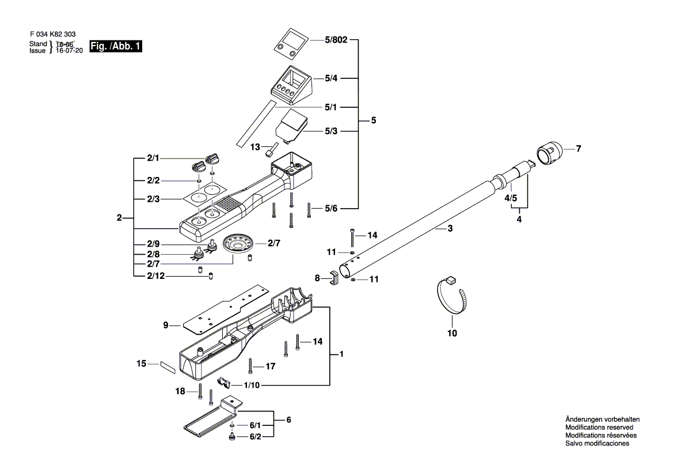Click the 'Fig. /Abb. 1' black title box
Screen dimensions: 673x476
click(116, 46)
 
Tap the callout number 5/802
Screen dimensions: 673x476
click(336, 40)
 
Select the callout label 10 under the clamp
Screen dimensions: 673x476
click(452, 333)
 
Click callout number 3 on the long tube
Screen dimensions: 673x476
click(450, 229)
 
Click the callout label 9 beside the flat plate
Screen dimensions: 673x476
click(166, 325)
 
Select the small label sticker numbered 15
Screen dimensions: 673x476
click(168, 368)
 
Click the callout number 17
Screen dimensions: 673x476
click(270, 367)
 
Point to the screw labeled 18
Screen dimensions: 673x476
click(200, 391)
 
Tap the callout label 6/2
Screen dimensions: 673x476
click(255, 436)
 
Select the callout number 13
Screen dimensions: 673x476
click(255, 147)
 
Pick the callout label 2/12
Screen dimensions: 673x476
click(156, 276)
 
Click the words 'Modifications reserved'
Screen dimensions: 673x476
click(599, 428)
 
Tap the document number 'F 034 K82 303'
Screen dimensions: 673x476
click(53, 35)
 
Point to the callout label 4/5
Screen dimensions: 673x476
click(511, 198)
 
